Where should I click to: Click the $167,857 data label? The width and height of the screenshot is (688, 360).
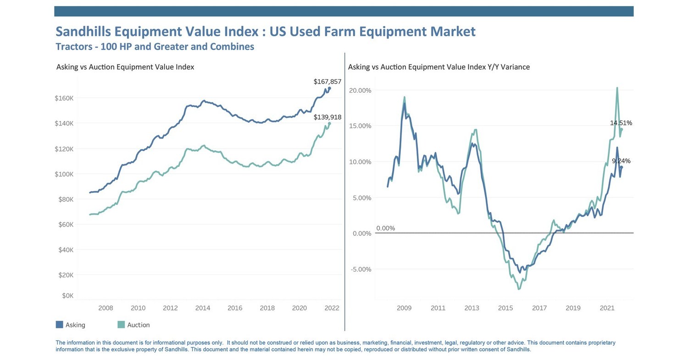point(327,82)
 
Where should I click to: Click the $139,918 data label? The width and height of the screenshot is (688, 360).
point(327,117)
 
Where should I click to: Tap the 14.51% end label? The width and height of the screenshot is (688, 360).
point(621,123)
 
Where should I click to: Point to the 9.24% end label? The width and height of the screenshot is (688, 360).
point(621,161)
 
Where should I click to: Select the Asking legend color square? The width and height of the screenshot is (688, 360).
point(59,325)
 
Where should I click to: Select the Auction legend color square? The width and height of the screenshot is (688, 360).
point(121,325)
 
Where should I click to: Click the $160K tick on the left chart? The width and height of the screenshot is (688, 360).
point(64,98)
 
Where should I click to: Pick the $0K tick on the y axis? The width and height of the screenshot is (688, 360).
point(67,296)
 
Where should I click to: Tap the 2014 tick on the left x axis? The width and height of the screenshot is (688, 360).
point(203,308)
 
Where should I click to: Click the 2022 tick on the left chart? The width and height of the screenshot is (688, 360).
point(332,308)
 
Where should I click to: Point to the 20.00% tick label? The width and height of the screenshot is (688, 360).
point(361,90)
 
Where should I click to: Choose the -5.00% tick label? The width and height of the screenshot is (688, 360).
point(361,269)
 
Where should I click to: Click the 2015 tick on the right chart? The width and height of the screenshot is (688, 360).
point(505,308)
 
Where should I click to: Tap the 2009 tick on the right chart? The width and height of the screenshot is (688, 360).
point(404,308)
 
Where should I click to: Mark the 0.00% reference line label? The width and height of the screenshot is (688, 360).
point(385,228)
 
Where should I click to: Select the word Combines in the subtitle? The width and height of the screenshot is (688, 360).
point(232,47)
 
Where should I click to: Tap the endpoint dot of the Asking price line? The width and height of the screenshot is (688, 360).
point(329,89)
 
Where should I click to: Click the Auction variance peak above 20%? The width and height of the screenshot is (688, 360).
point(617,88)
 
